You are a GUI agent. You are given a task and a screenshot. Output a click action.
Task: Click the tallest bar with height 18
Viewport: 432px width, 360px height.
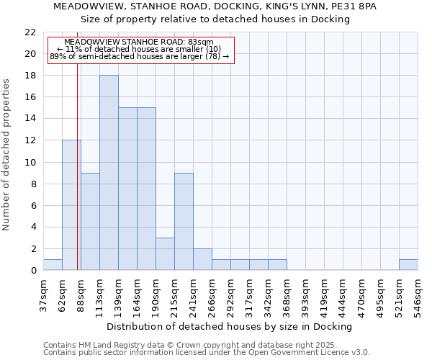pyautogui.click(x=109, y=173)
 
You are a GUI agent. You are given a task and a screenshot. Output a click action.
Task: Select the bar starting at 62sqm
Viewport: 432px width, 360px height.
pyautogui.click(x=71, y=205)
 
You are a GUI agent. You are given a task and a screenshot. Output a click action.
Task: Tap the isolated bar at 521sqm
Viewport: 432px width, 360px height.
pyautogui.click(x=408, y=265)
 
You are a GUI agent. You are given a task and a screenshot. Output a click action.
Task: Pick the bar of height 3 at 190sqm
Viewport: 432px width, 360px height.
pyautogui.click(x=165, y=254)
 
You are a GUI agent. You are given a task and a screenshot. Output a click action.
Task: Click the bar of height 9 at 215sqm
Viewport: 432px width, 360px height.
pyautogui.click(x=184, y=222)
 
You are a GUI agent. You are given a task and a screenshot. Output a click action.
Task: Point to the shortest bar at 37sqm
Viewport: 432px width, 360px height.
pyautogui.click(x=53, y=265)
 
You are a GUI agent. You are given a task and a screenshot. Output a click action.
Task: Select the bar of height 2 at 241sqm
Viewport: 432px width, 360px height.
pyautogui.click(x=202, y=259)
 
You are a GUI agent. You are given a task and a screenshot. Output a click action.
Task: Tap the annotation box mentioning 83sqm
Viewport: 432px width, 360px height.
pyautogui.click(x=141, y=50)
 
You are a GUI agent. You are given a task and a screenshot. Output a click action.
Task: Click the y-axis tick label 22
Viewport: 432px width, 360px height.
pyautogui.click(x=30, y=32)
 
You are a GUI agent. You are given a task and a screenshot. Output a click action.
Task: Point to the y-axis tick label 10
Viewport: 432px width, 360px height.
pyautogui.click(x=30, y=162)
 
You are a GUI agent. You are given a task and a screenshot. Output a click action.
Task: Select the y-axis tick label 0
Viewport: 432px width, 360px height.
pyautogui.click(x=33, y=271)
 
